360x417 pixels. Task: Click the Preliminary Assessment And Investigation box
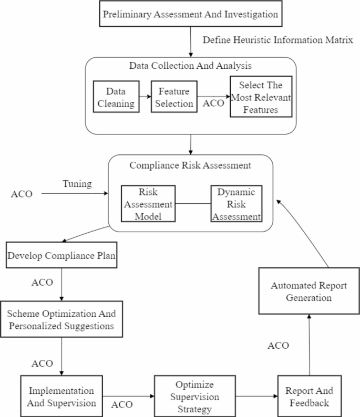[x=190, y=14]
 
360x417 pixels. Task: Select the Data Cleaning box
[x=117, y=97]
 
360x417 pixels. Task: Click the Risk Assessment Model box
[x=149, y=203]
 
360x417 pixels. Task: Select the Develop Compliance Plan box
[x=61, y=256]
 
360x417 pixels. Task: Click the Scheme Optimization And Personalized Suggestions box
[x=61, y=319]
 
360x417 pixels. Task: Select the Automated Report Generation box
[x=308, y=291]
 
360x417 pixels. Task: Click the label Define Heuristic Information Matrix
[x=278, y=40]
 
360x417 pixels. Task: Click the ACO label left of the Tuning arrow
[x=22, y=194]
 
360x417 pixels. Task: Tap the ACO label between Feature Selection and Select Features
[x=214, y=103]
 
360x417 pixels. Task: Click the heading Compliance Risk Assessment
[x=190, y=166]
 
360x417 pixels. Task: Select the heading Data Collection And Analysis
[x=191, y=67]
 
